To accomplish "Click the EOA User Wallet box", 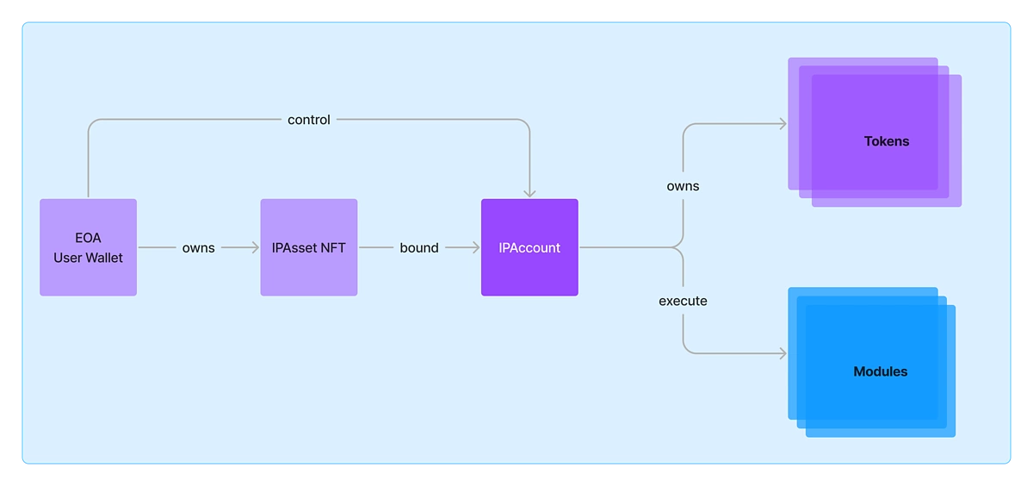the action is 88,247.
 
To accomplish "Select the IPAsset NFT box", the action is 309,247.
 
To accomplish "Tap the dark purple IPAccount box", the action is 529,247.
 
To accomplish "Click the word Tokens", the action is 887,141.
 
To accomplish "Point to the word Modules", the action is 881,371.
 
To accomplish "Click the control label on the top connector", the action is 309,120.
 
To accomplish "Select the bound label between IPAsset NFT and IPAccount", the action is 419,248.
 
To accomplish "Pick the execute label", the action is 683,301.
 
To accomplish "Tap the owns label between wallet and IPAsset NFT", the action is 198,248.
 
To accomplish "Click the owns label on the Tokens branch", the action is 683,186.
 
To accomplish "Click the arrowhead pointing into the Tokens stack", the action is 783,124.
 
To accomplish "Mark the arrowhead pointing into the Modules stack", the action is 783,353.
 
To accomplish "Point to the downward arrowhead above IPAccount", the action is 529,193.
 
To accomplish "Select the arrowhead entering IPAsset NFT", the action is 255,247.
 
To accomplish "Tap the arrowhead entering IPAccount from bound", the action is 475,247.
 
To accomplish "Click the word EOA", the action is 88,238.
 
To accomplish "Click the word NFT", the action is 332,248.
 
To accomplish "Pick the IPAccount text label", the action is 529,248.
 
